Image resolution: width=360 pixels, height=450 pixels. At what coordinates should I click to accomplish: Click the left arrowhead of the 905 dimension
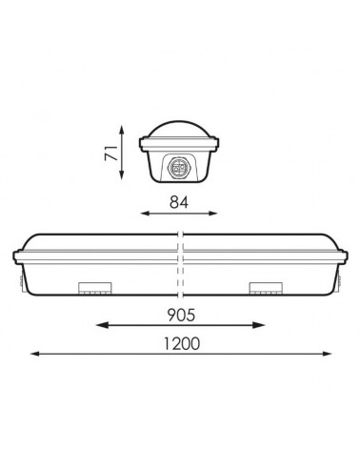coord(97,326)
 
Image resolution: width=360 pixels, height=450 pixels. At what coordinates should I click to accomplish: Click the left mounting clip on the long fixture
coord(95,287)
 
